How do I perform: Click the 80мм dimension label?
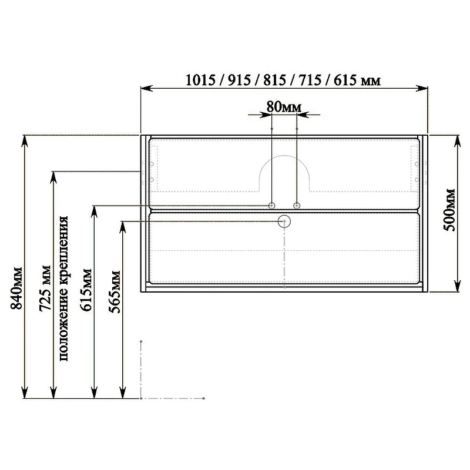pos(284,107)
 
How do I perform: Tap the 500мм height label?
pos(449,210)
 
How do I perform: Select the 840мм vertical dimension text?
pos(16,288)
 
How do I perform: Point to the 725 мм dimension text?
pos(45,288)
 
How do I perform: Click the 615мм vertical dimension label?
pos(86,290)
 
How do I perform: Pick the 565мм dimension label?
pos(114,291)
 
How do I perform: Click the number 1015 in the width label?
pos(200,80)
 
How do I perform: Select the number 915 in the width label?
pos(240,80)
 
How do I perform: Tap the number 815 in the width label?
pos(275,80)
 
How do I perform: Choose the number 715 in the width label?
pos(310,80)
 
